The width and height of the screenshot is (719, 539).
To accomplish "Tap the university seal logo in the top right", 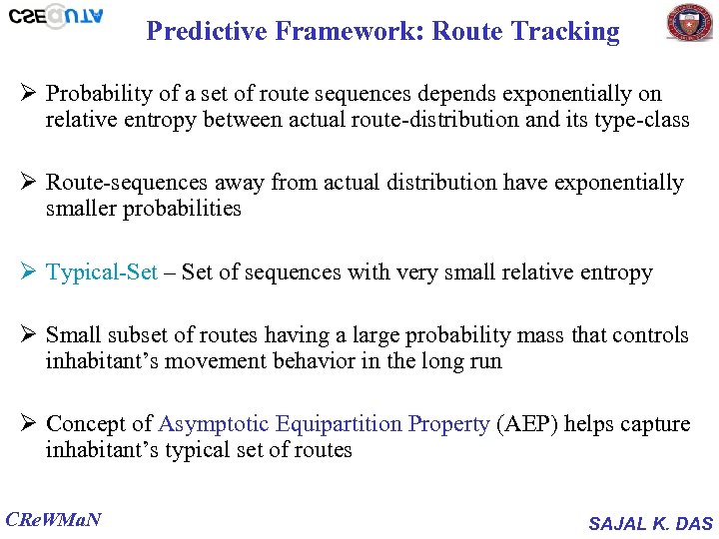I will (x=690, y=23).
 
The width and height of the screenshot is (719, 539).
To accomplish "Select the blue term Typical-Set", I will (x=102, y=272).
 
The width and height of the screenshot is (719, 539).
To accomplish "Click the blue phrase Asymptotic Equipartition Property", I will (x=324, y=423).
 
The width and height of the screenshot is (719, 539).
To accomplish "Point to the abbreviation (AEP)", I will (x=527, y=423).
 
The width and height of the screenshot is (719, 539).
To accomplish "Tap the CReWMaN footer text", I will (x=54, y=519).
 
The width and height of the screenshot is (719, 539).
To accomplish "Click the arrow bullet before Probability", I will (x=27, y=94).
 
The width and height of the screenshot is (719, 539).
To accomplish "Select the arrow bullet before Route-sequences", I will (x=27, y=183).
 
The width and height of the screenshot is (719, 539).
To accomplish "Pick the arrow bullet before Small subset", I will (x=27, y=335).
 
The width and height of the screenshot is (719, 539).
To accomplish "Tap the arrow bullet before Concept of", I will (x=27, y=423).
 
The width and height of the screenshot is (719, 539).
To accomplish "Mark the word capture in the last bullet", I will (x=655, y=423).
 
